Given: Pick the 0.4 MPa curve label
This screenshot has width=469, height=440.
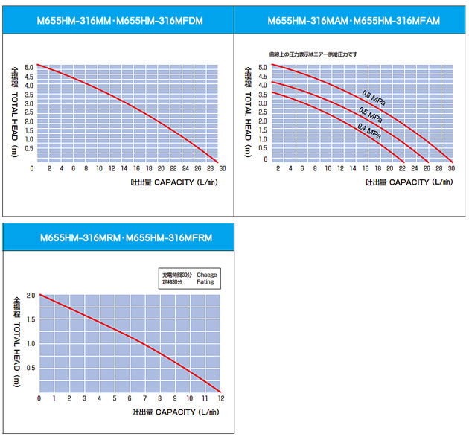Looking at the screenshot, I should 368,132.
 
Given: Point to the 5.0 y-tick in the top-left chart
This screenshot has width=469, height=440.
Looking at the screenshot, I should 28,68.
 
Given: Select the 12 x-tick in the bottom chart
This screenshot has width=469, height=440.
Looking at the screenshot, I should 221,399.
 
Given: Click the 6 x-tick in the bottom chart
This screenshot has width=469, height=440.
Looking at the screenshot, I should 130,399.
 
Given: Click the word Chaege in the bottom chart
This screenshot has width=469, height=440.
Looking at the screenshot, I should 207,275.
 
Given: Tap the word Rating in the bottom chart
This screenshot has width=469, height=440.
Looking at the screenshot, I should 205,282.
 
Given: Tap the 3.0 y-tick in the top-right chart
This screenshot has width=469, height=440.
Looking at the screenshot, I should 263,103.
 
